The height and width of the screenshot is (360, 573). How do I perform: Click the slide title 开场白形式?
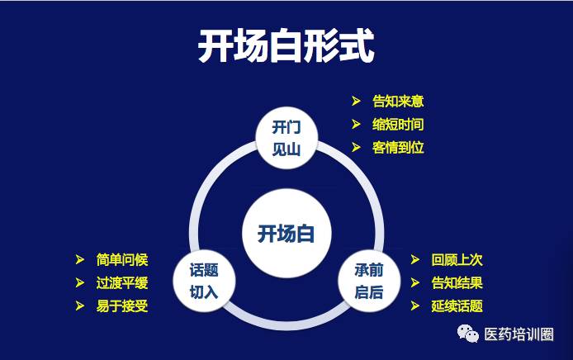pos(286,46)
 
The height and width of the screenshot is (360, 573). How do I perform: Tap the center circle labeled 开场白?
pos(286,233)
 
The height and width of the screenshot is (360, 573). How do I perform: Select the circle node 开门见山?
pos(286,138)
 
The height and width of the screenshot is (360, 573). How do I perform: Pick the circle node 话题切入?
pos(204,281)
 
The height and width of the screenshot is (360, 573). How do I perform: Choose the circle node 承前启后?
pos(369,281)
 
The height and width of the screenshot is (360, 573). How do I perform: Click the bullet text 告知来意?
pos(398,102)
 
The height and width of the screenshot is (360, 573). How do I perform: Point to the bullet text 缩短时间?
pos(398,125)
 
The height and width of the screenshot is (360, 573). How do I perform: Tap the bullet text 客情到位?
pos(398,148)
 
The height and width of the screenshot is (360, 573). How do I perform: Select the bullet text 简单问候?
pos(122,260)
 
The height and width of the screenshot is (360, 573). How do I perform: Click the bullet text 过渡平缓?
pos(122,283)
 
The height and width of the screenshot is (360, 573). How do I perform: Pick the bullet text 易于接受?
pos(122,306)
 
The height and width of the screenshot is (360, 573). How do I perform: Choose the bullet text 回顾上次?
pos(457,260)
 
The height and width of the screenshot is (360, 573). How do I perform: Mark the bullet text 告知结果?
pos(457,283)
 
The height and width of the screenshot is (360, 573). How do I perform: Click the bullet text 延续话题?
pos(457,306)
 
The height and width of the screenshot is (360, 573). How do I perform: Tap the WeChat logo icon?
pos(468,334)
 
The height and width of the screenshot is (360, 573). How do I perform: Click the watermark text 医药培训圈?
pos(519,334)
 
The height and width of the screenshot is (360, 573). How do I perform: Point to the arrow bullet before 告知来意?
pos(356,101)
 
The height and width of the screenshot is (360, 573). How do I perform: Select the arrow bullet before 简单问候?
pos(79,259)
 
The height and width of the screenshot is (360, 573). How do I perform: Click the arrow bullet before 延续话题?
pos(414,306)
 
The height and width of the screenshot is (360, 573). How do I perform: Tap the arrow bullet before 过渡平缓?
pos(79,282)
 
